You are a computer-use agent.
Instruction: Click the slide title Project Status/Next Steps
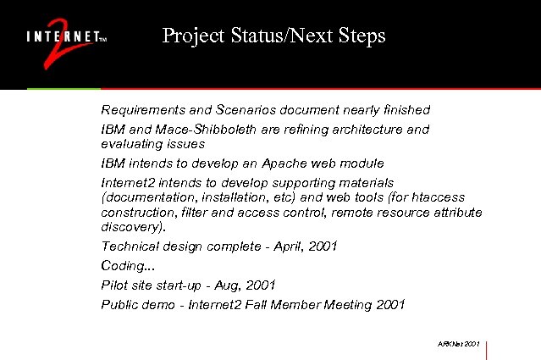[273, 36]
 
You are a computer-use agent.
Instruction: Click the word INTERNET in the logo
[63, 37]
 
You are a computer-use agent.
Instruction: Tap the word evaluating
[129, 144]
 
